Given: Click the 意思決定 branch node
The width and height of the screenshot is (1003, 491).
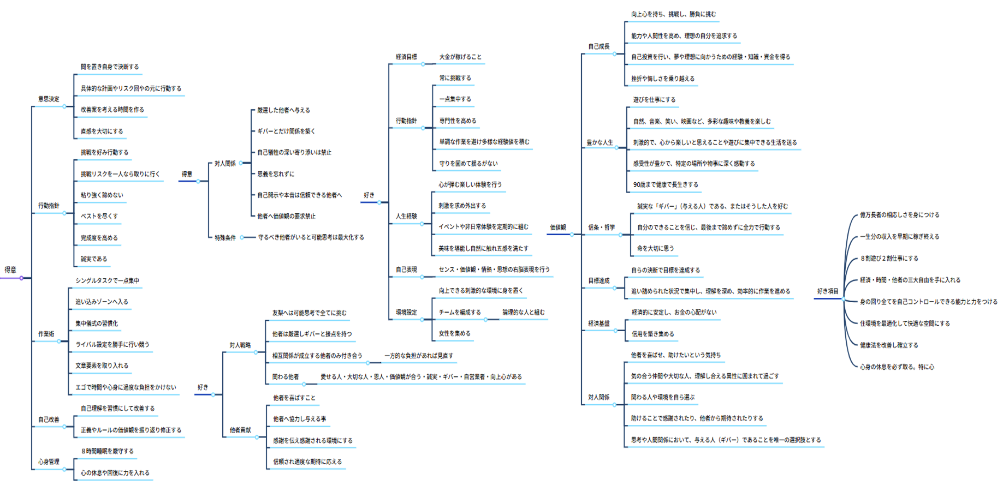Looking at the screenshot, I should click(49, 99).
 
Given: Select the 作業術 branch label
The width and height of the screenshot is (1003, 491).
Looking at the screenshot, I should click(46, 334).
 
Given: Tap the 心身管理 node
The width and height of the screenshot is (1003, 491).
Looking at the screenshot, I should click(49, 462).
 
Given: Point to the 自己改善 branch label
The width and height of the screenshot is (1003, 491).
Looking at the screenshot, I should click(49, 420).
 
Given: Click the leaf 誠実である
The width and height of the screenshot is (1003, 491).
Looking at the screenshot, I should click(94, 259).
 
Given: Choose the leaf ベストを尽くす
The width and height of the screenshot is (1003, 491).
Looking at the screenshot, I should click(99, 217).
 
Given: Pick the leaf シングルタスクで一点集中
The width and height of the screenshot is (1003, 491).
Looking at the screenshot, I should click(108, 281).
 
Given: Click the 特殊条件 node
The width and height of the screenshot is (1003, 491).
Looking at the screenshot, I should click(225, 238).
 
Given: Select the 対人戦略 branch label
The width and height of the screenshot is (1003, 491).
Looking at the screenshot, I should click(240, 345).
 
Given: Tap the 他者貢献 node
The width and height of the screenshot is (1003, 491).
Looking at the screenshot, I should click(240, 430).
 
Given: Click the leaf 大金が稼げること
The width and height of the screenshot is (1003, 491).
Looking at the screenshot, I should click(460, 57).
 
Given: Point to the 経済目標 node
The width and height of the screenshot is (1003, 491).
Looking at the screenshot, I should click(406, 57).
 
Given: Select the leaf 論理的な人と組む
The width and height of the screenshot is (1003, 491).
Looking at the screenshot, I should click(524, 313).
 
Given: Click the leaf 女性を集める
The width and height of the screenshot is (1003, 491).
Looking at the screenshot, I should click(454, 333).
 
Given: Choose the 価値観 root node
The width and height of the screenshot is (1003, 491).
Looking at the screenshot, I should click(558, 227).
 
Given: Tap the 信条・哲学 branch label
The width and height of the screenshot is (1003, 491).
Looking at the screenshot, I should click(601, 227).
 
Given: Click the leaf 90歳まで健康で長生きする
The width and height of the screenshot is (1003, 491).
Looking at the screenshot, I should click(666, 185).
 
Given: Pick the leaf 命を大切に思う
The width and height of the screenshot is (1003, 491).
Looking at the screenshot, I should click(655, 249).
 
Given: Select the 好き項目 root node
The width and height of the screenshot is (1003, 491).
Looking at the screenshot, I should click(828, 291).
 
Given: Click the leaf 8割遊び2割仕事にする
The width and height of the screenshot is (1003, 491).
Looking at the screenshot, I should click(889, 259).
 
